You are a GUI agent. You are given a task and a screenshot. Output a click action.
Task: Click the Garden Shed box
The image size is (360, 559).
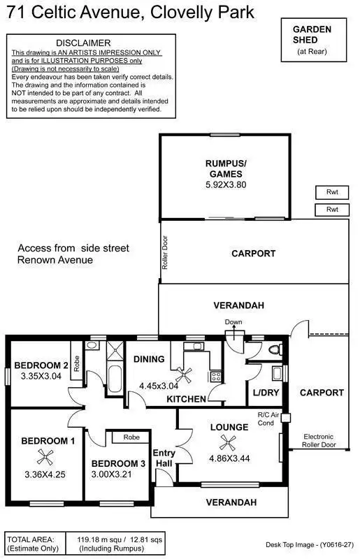coord(312,39)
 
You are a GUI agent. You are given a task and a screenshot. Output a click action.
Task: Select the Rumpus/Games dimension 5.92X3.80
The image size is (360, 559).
coord(224,185)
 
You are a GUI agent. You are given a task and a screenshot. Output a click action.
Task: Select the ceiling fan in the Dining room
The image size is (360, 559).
coord(186,372)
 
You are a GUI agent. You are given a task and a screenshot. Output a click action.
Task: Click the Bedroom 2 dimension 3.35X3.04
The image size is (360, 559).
coord(41,375)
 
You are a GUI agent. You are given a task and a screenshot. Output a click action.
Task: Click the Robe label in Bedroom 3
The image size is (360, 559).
coord(131,437)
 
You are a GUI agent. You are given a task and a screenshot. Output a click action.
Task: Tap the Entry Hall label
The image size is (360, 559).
coord(164,458)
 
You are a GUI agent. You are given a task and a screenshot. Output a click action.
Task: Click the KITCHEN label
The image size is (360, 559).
coord(187,399)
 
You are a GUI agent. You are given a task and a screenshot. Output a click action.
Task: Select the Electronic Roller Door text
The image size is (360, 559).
coord(319,440)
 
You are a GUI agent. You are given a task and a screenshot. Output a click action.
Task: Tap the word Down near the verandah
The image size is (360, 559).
coord(233,322)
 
